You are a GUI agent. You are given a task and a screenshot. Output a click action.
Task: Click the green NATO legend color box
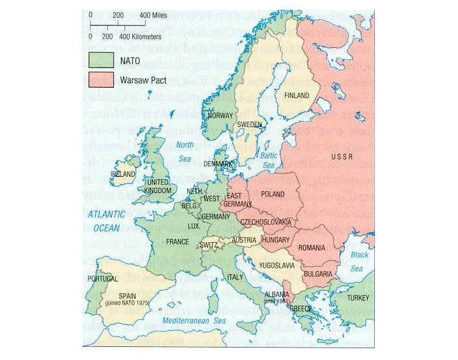point(101,59)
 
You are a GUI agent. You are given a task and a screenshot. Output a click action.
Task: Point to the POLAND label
point(272,194)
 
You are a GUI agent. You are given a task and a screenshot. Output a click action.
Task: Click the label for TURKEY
point(358,297)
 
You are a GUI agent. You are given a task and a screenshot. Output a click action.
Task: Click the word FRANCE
point(177,242)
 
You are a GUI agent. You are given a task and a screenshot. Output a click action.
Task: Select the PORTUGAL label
point(101,279)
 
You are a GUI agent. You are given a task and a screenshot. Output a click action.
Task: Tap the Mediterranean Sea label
point(194,321)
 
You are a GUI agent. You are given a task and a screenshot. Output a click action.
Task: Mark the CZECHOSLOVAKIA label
point(266,223)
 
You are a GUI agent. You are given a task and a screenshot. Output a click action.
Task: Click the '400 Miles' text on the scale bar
point(154,14)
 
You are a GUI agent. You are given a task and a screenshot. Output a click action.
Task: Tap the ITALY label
point(234,277)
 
